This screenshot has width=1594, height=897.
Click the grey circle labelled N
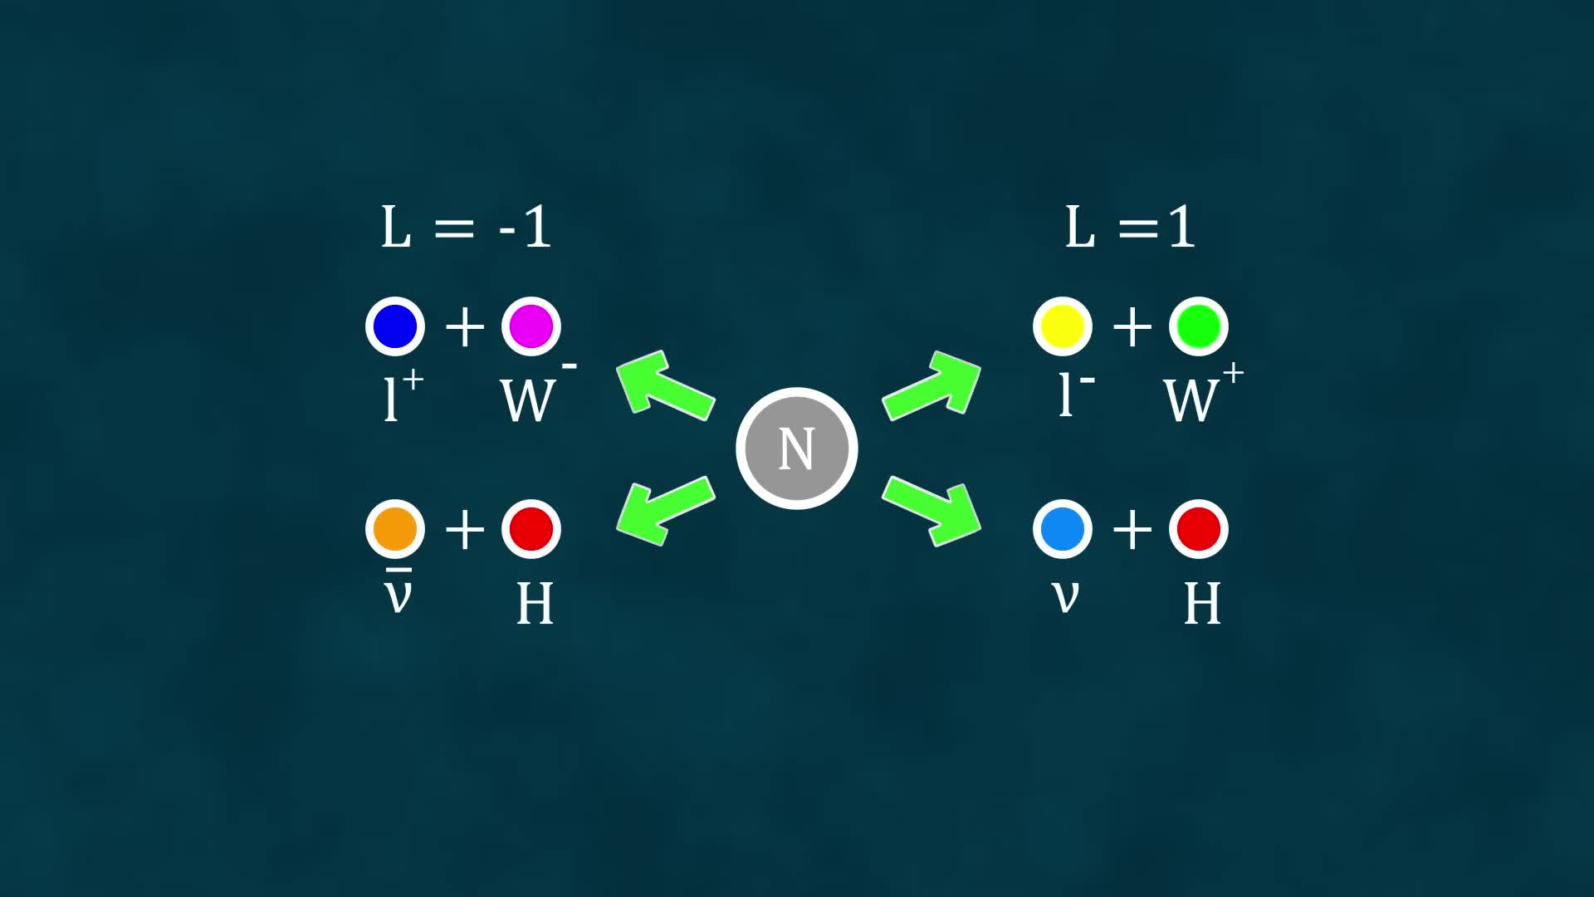(x=796, y=448)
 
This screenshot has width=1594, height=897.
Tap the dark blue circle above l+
(x=395, y=326)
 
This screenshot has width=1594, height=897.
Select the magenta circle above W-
(x=531, y=326)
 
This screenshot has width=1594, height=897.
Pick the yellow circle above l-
(x=1063, y=326)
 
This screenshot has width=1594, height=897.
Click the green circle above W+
(x=1198, y=326)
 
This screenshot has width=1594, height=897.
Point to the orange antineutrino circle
(x=395, y=528)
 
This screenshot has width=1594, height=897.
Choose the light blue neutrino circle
(x=1063, y=528)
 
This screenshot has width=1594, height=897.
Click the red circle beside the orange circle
(x=531, y=528)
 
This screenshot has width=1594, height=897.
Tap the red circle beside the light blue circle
(x=1198, y=528)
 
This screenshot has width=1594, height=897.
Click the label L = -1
(x=466, y=227)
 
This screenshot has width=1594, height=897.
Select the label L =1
(x=1130, y=227)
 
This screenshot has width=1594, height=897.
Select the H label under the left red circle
(x=535, y=604)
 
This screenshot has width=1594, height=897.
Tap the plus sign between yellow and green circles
(x=1132, y=326)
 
